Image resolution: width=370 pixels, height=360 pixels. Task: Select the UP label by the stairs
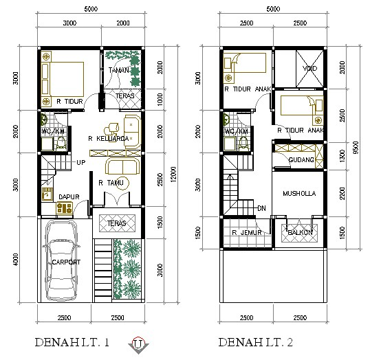click(x=80, y=163)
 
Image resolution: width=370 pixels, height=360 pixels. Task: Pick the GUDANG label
click(x=301, y=160)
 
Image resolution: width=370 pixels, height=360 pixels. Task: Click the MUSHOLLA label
click(x=298, y=194)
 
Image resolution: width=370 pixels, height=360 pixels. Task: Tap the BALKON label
click(x=300, y=232)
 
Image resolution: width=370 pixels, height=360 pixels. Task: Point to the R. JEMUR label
click(x=244, y=232)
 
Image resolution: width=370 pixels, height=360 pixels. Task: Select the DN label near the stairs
click(x=261, y=207)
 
